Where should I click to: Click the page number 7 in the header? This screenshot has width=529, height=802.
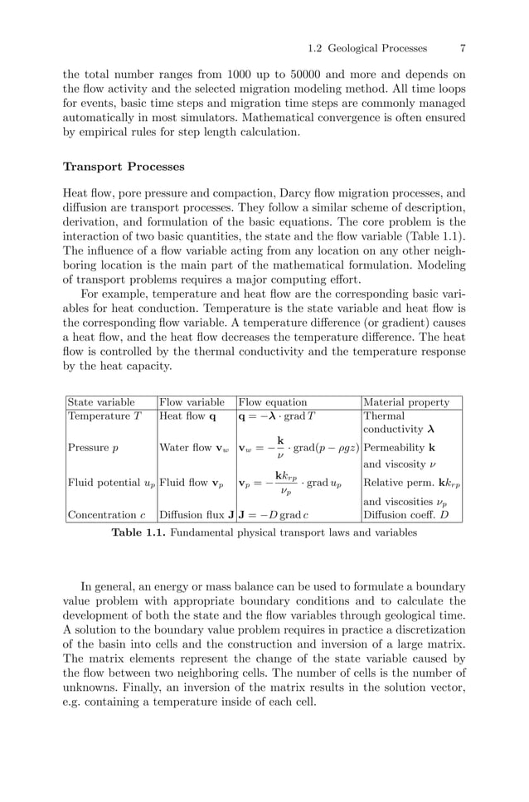pos(462,48)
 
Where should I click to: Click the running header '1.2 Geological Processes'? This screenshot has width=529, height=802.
pos(366,48)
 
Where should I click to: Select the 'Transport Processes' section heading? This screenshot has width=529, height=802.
pos(124,167)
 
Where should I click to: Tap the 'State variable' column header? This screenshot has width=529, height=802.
pos(100,402)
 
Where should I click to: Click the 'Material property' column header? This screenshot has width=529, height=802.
pos(406,402)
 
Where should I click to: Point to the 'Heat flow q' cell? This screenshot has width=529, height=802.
pos(188,416)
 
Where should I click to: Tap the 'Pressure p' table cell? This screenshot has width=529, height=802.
pos(93,449)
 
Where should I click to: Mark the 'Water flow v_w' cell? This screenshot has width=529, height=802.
pos(195,449)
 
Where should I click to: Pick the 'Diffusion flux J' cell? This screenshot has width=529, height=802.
pos(196,515)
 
